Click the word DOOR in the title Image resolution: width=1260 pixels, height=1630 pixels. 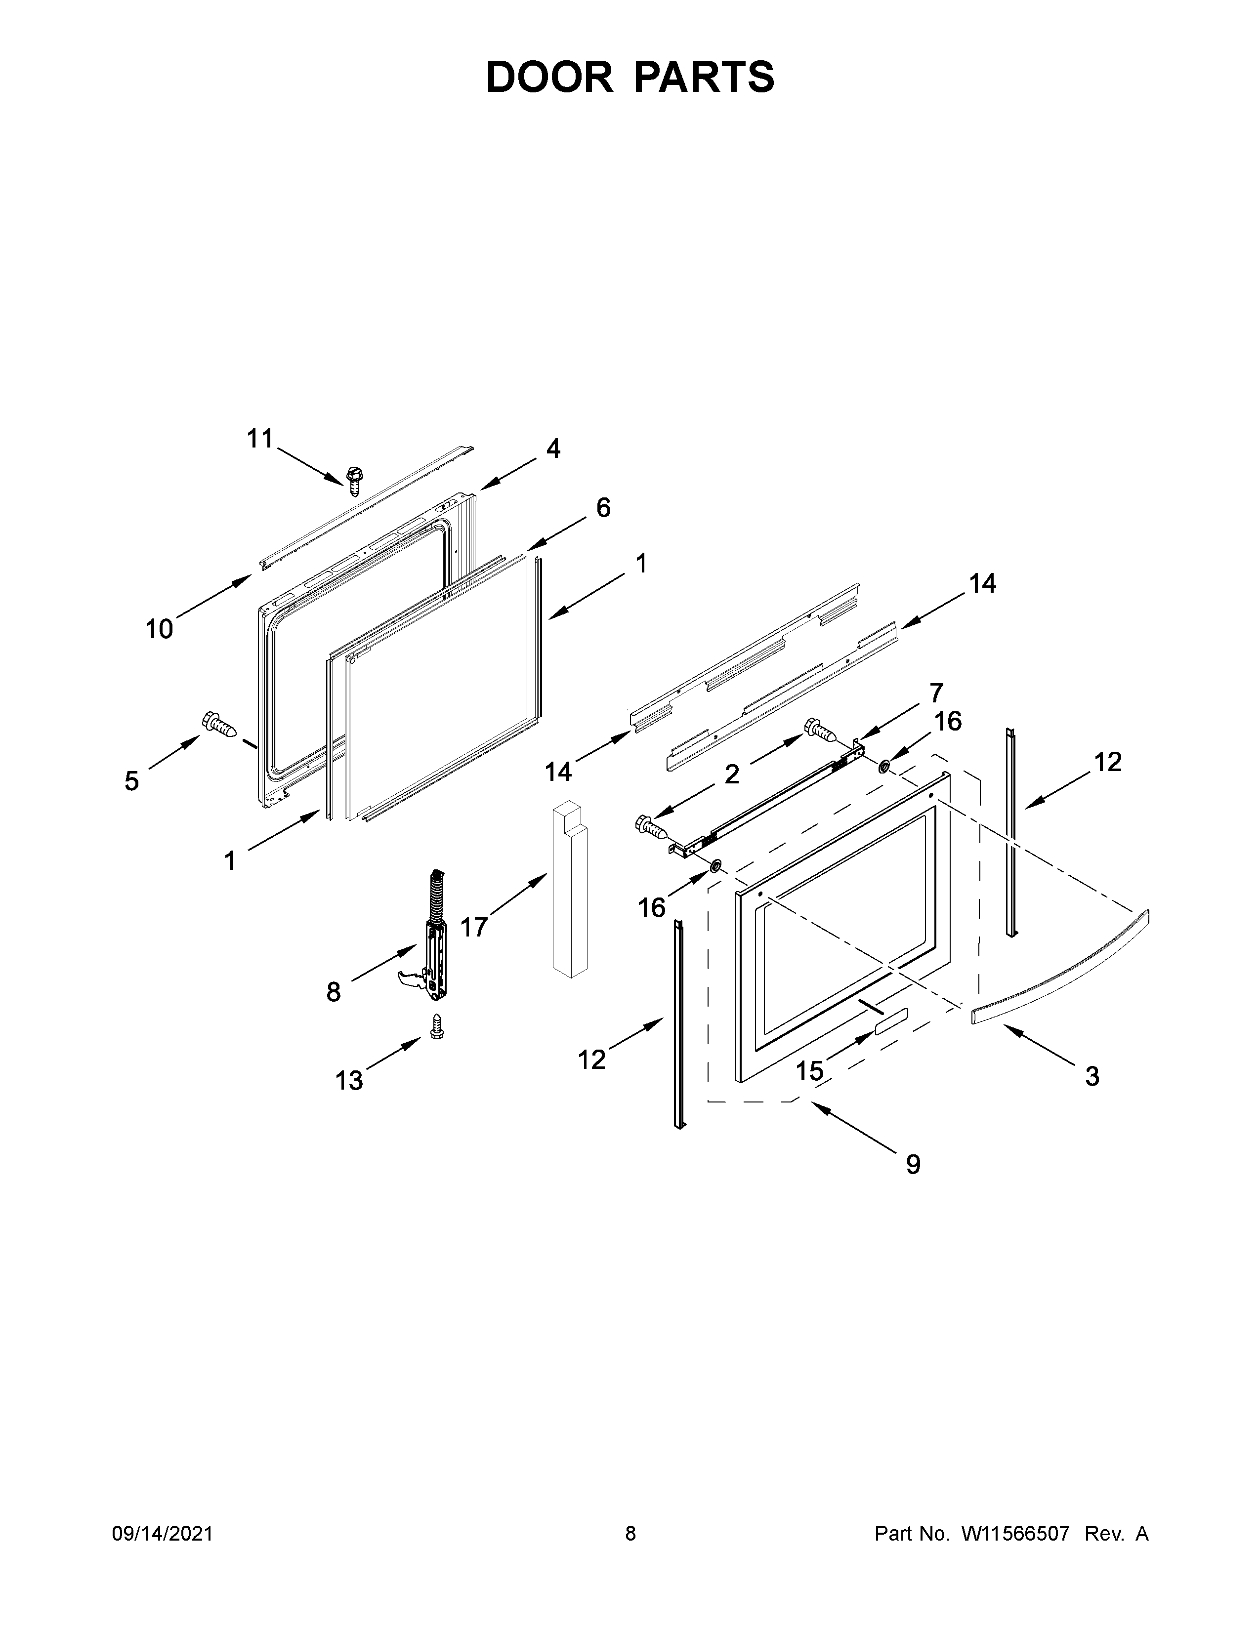[548, 78]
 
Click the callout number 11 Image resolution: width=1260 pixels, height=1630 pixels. [260, 439]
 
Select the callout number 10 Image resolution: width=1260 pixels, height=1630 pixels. [159, 629]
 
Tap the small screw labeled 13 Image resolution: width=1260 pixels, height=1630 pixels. [437, 1026]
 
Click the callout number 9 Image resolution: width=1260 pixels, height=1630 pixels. [913, 1164]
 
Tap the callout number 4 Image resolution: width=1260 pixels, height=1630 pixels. [552, 448]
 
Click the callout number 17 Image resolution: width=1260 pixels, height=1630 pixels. [473, 927]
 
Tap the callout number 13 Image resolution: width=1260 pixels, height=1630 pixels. [348, 1080]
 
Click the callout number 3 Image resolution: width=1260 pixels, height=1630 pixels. [1092, 1076]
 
